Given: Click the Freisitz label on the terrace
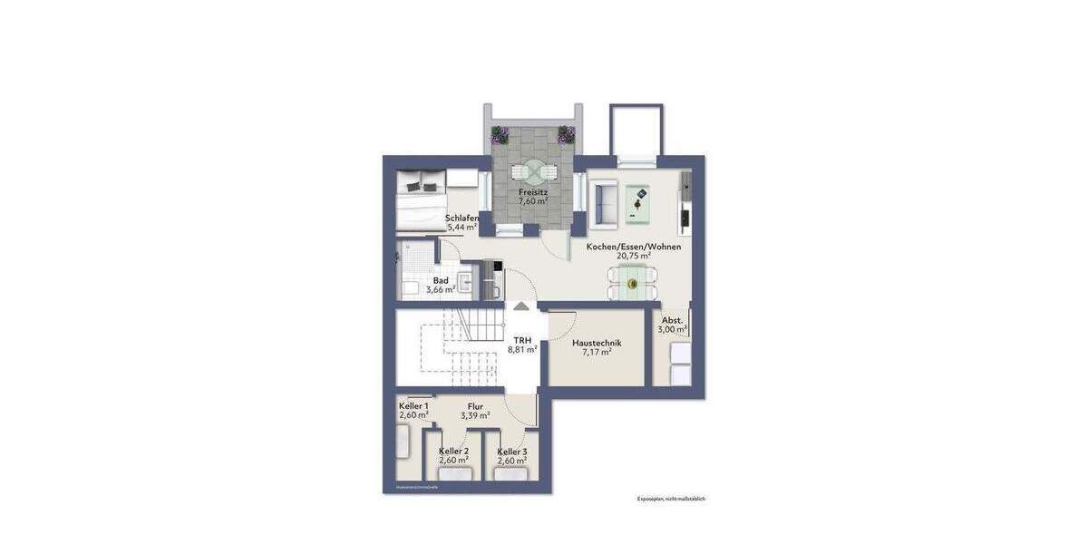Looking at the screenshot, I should coord(532,192).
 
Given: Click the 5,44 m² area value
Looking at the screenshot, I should coord(462,228).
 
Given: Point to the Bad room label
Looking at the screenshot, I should coord(441,280).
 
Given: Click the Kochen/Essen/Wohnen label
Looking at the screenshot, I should coord(634,247).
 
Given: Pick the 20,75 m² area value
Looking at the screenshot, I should coord(634,257).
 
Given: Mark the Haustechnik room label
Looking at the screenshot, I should coord(596,343).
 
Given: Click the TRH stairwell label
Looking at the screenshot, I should coord(522,339).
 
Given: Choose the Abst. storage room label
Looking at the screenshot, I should coord(672,320).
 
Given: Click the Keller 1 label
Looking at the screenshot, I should coord(413,405).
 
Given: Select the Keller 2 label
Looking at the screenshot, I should coord(453,451).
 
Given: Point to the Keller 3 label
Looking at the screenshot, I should coord(512,451).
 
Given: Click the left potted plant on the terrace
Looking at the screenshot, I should coord(500,136).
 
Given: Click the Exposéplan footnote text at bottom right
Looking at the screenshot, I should coord(670,499).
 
